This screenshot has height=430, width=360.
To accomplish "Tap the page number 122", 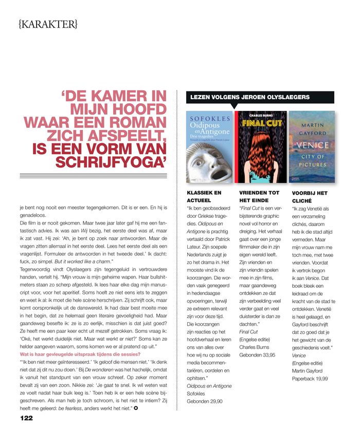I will pyautogui.click(x=27, y=418).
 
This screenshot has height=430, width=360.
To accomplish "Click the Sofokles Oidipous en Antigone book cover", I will pyautogui.click(x=208, y=147).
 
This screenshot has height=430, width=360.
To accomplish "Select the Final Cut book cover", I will pyautogui.click(x=260, y=147).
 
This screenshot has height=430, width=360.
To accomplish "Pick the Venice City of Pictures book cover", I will pyautogui.click(x=312, y=147).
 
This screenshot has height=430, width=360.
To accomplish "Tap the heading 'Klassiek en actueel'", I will pyautogui.click(x=204, y=196).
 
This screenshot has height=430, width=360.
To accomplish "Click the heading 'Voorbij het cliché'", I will pyautogui.click(x=309, y=196).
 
